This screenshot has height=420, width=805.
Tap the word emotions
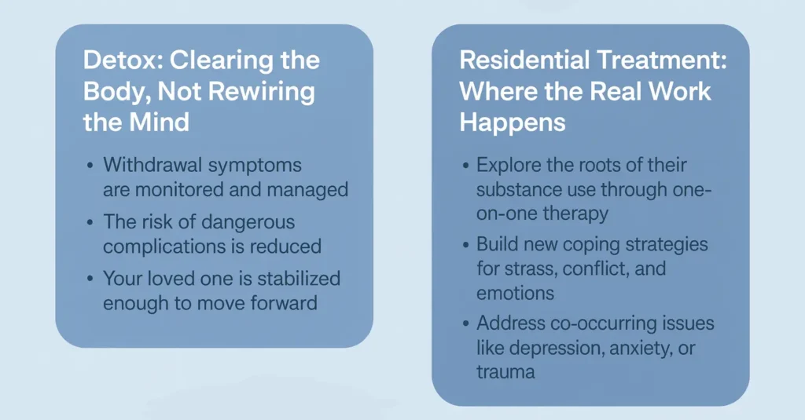[515, 293]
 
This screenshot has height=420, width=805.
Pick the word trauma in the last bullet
[505, 371]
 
